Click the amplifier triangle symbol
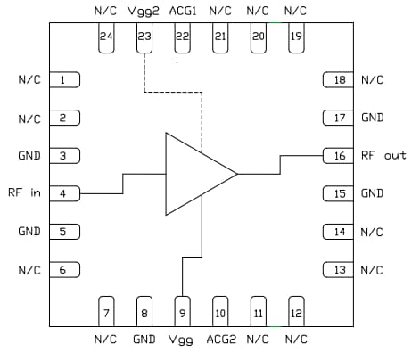(x=196, y=174)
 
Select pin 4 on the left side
(x=64, y=192)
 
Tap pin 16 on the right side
(x=339, y=155)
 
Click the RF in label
(x=24, y=192)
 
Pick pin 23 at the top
(x=144, y=37)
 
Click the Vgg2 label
(x=144, y=11)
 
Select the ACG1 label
(x=182, y=11)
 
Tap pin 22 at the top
(x=182, y=37)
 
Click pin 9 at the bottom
(x=182, y=311)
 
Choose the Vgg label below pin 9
(x=182, y=340)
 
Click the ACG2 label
(x=220, y=340)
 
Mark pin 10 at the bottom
(x=220, y=311)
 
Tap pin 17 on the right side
(x=339, y=117)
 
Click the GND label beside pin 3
(x=29, y=155)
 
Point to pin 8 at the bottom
(x=144, y=311)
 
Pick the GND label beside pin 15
(x=373, y=193)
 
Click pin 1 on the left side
(x=64, y=79)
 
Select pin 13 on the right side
(x=339, y=270)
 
